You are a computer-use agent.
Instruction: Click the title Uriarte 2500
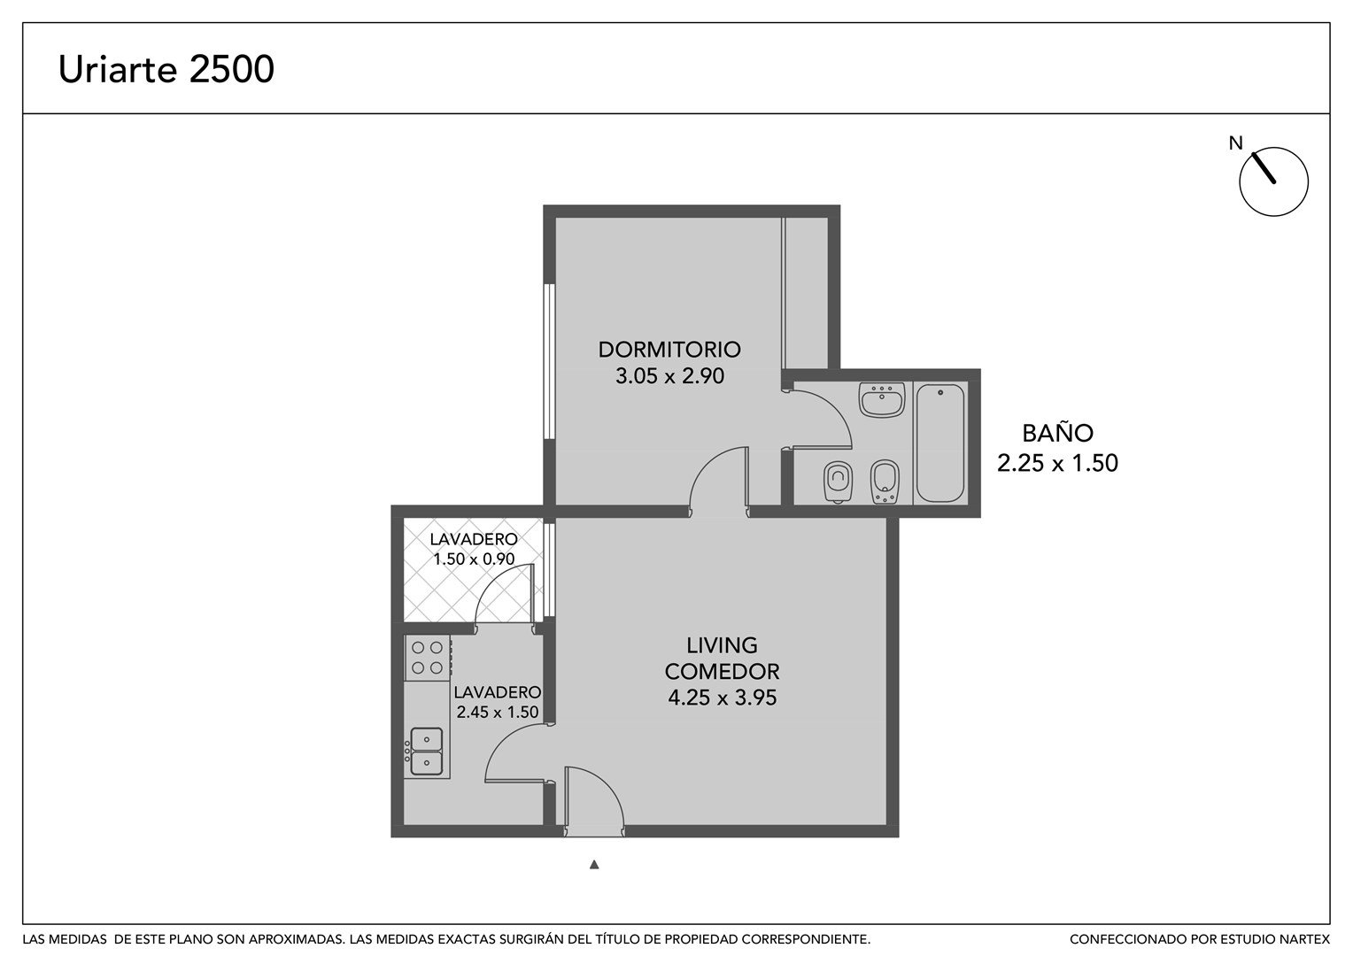click(x=166, y=69)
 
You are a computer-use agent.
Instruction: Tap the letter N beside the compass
click(x=1236, y=143)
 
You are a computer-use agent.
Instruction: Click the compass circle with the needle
click(x=1273, y=181)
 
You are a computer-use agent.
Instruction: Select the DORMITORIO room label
click(x=669, y=349)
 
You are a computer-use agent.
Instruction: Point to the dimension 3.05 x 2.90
click(x=669, y=376)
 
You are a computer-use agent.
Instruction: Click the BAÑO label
click(x=1057, y=433)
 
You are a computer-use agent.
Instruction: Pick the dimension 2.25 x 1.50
click(x=1057, y=463)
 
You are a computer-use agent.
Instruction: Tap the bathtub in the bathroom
click(x=939, y=443)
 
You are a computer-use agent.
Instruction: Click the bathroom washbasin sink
click(x=882, y=399)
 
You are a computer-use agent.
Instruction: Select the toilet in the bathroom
click(x=837, y=482)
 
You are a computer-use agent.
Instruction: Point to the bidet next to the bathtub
click(x=885, y=482)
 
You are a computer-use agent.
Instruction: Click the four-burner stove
click(x=428, y=658)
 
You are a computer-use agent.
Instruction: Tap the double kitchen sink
click(x=427, y=752)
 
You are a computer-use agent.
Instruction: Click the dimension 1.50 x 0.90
click(x=474, y=559)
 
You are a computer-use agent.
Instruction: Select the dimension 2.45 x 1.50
click(x=497, y=712)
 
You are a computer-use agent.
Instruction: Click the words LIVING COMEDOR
click(x=722, y=659)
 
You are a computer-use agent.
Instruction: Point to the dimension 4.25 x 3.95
click(x=722, y=698)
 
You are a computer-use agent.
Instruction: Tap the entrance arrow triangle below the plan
click(x=594, y=864)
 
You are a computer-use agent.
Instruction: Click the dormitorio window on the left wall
click(x=549, y=362)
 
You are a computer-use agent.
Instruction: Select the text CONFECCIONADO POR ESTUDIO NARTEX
click(x=1200, y=939)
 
